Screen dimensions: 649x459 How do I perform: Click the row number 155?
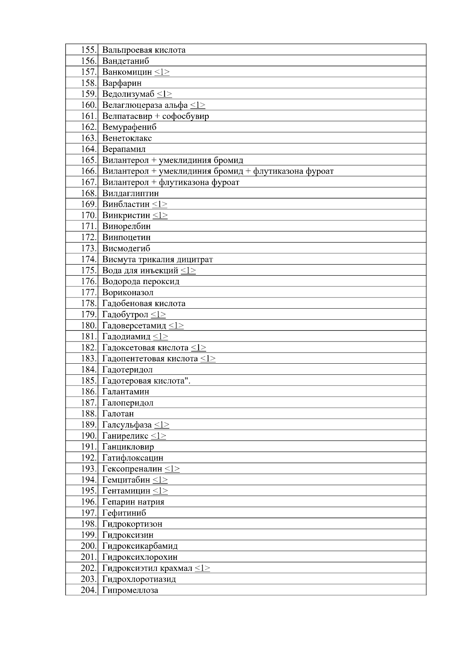tap(89, 50)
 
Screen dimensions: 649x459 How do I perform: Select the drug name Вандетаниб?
tap(125, 61)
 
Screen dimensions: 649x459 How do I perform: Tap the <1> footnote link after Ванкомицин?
tap(162, 72)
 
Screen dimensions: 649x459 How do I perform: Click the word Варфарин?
tap(122, 83)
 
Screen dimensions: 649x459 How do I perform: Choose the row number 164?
tap(89, 149)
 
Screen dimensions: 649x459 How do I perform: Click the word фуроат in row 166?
tap(320, 171)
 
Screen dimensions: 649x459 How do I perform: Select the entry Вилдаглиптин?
tap(130, 194)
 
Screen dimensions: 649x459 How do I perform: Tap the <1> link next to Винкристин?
tap(160, 216)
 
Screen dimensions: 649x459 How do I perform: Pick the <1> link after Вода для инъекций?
tap(188, 271)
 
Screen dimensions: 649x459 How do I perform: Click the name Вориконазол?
tap(128, 293)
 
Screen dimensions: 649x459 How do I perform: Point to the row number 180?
tap(89, 326)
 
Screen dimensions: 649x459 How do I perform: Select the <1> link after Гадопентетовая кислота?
tap(208, 359)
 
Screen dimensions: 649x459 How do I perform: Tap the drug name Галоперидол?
tap(128, 403)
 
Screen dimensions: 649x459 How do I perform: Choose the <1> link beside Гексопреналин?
tap(172, 469)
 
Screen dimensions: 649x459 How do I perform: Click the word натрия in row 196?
tap(151, 502)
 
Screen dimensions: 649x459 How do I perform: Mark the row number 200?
tap(89, 546)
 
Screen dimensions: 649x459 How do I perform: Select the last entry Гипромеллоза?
tap(130, 590)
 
